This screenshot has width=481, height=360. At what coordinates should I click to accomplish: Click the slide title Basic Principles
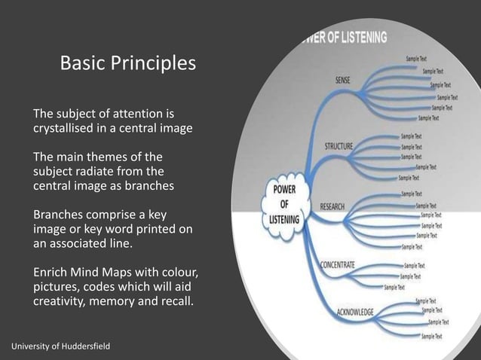[127, 64]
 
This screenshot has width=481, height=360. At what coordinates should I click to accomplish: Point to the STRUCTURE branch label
[339, 146]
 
